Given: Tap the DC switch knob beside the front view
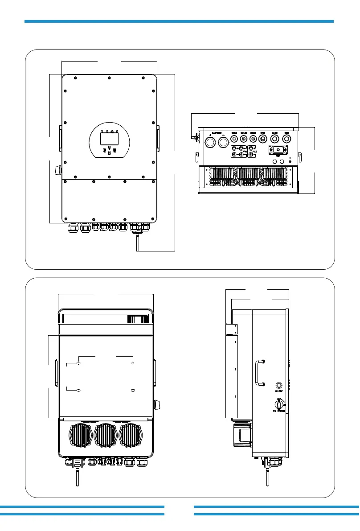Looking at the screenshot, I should click(57, 170).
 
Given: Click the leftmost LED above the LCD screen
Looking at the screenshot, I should click(102, 132).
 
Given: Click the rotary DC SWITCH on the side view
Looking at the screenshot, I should click(279, 404).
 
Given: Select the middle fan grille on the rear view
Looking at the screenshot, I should click(106, 436).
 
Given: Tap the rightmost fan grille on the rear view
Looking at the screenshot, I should click(131, 436).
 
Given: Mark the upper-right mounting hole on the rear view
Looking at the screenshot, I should click(133, 363).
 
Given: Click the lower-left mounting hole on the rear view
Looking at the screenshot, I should click(79, 391).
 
